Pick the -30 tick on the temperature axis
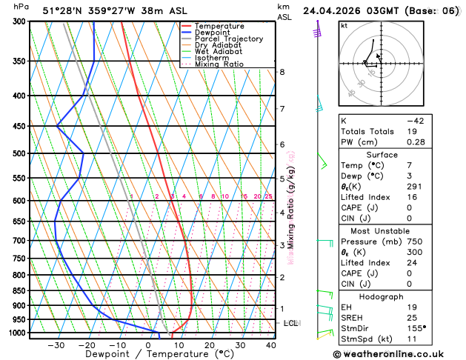coord(56,345)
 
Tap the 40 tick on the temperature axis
coord(271,345)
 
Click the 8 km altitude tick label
coord(282,72)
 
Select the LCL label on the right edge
coord(291,324)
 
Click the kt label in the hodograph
coord(344,25)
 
